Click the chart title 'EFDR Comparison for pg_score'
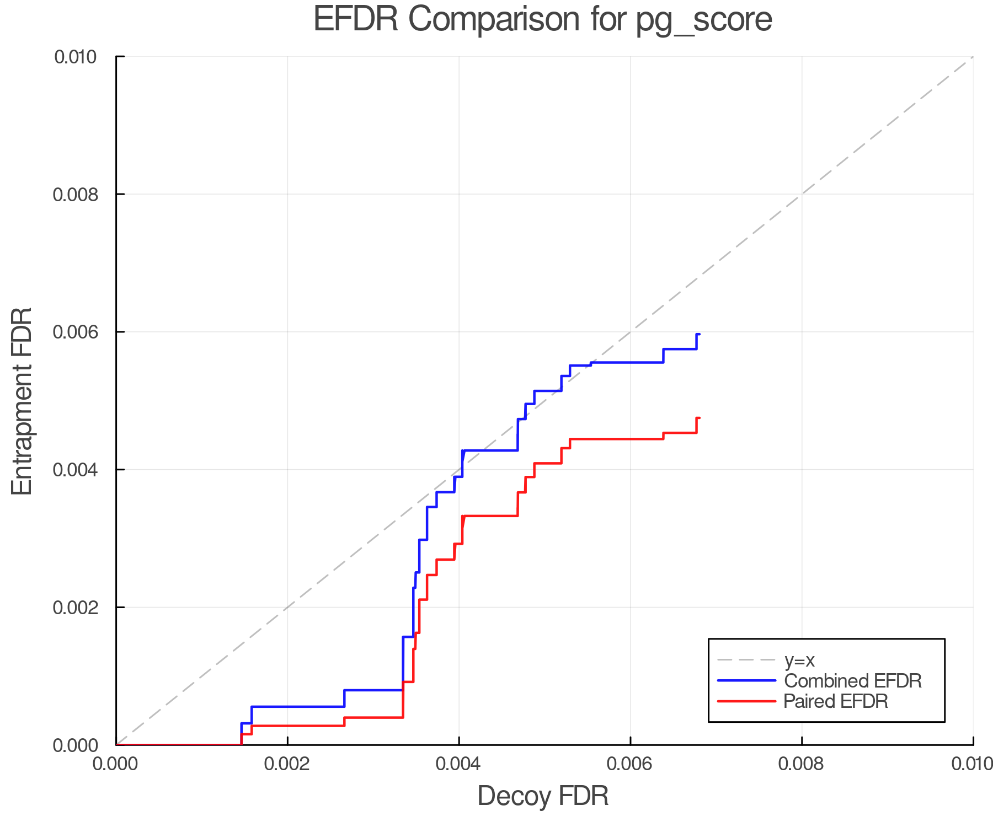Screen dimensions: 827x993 543,20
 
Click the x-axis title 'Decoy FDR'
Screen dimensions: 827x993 543,796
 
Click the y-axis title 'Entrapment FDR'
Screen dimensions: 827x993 22,401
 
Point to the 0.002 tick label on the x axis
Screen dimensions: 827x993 287,764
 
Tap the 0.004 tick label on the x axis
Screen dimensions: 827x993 459,764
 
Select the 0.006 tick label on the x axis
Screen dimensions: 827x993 630,764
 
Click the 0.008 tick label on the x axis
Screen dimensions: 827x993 802,764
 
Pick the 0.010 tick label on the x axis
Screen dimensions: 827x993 972,764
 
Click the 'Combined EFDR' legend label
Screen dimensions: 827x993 853,681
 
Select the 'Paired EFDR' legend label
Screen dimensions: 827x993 836,701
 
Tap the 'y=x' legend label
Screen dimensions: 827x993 799,660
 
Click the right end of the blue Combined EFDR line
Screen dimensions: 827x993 699,334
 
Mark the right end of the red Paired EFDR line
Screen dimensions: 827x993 699,418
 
